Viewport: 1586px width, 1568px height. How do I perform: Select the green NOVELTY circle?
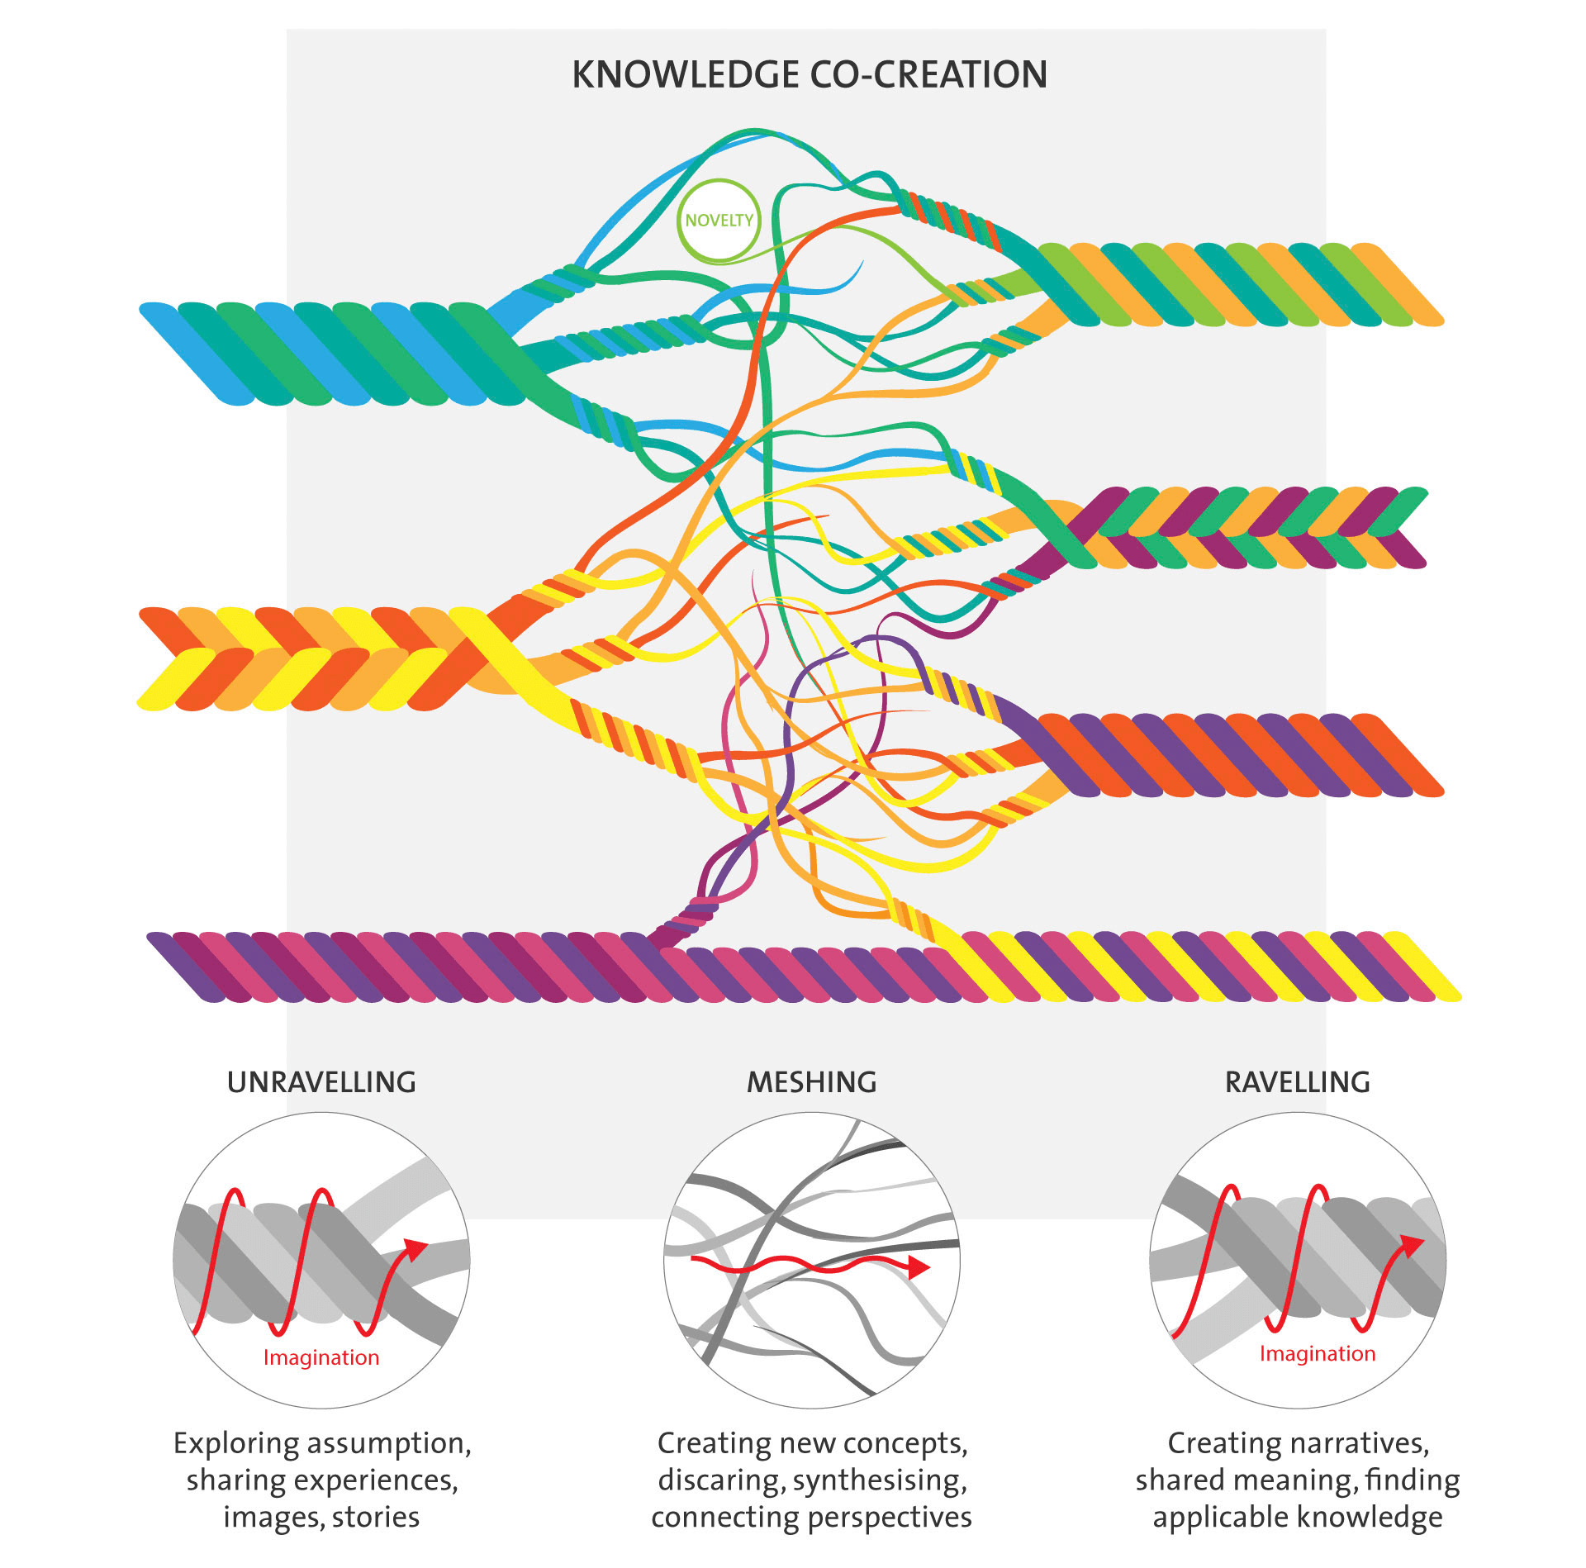[x=719, y=221]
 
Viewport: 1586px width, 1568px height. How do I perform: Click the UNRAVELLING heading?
[x=321, y=1082]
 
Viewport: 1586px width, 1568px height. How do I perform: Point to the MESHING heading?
[x=811, y=1082]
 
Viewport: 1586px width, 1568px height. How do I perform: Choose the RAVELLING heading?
[x=1297, y=1082]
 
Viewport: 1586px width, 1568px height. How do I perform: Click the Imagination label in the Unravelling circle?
[x=321, y=1357]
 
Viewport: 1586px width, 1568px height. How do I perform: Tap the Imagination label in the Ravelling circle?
[x=1317, y=1353]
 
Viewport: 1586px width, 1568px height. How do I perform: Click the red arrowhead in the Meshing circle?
[x=919, y=1266]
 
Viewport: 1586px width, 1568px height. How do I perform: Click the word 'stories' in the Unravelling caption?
[x=376, y=1518]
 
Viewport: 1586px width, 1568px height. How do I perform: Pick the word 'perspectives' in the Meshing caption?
[x=890, y=1518]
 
